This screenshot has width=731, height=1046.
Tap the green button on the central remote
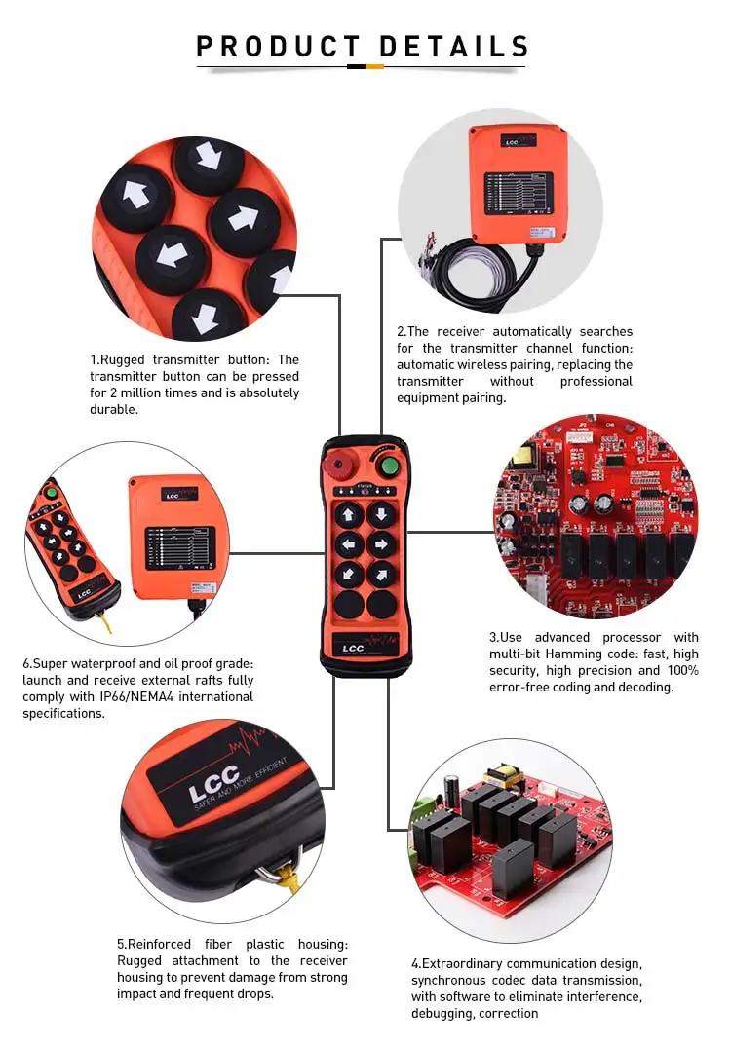point(389,465)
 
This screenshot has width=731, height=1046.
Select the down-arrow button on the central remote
point(382,513)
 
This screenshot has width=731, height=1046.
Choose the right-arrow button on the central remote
point(382,543)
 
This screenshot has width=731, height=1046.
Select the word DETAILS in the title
point(454,47)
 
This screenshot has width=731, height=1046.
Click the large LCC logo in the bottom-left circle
point(213,784)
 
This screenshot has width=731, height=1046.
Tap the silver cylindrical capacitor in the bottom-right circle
point(452,789)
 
